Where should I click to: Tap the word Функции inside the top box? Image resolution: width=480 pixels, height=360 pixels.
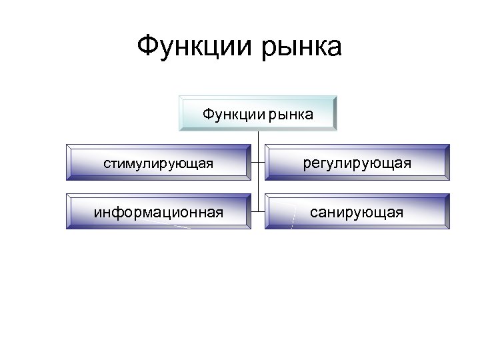point(233,115)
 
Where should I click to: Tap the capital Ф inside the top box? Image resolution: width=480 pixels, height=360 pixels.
point(207,114)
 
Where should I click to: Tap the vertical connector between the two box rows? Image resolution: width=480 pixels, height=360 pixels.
point(259,188)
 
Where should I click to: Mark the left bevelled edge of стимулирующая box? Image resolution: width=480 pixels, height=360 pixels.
point(68,163)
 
